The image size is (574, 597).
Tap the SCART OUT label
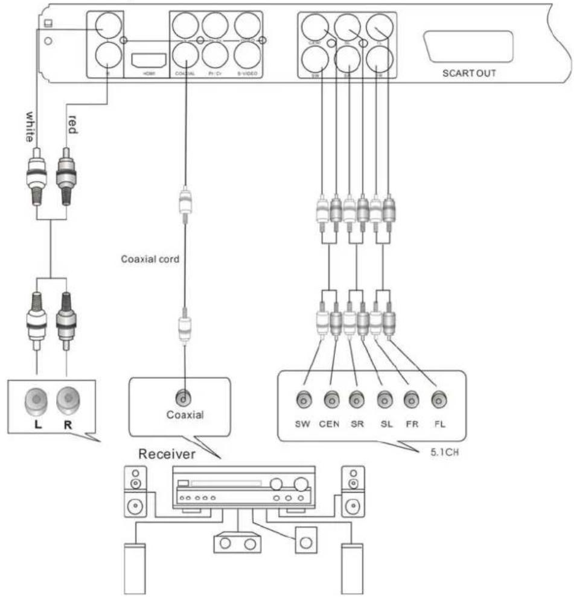[468, 73]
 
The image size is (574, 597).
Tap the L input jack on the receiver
[38, 399]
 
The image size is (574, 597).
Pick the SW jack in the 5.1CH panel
[302, 399]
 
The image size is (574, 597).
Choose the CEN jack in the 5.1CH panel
[330, 399]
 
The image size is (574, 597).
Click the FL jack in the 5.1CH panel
[439, 399]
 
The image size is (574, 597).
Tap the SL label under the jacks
[386, 423]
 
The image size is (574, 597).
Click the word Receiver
[167, 454]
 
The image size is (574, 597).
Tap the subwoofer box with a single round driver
[305, 541]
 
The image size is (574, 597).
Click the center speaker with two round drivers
[237, 543]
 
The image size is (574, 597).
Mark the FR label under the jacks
[412, 423]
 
